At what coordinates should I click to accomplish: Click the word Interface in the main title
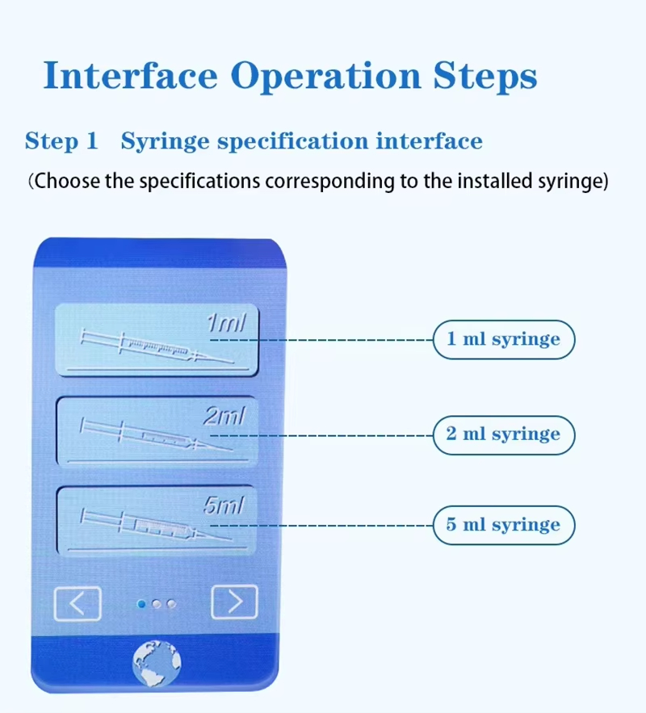click(x=131, y=75)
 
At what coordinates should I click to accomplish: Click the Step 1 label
click(x=61, y=141)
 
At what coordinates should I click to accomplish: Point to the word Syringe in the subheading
click(x=165, y=141)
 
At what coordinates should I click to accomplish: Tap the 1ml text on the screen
click(x=226, y=323)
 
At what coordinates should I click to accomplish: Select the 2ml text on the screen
click(x=224, y=416)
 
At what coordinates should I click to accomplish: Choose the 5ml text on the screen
click(x=224, y=505)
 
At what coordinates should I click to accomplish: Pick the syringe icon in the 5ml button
click(x=156, y=526)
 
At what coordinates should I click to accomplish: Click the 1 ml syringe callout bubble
click(x=504, y=340)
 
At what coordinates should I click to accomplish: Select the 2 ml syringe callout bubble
click(x=504, y=435)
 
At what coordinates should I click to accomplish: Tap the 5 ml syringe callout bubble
click(x=504, y=525)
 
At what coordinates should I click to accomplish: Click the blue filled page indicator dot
click(x=141, y=604)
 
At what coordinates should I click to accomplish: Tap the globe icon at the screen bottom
click(x=157, y=663)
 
